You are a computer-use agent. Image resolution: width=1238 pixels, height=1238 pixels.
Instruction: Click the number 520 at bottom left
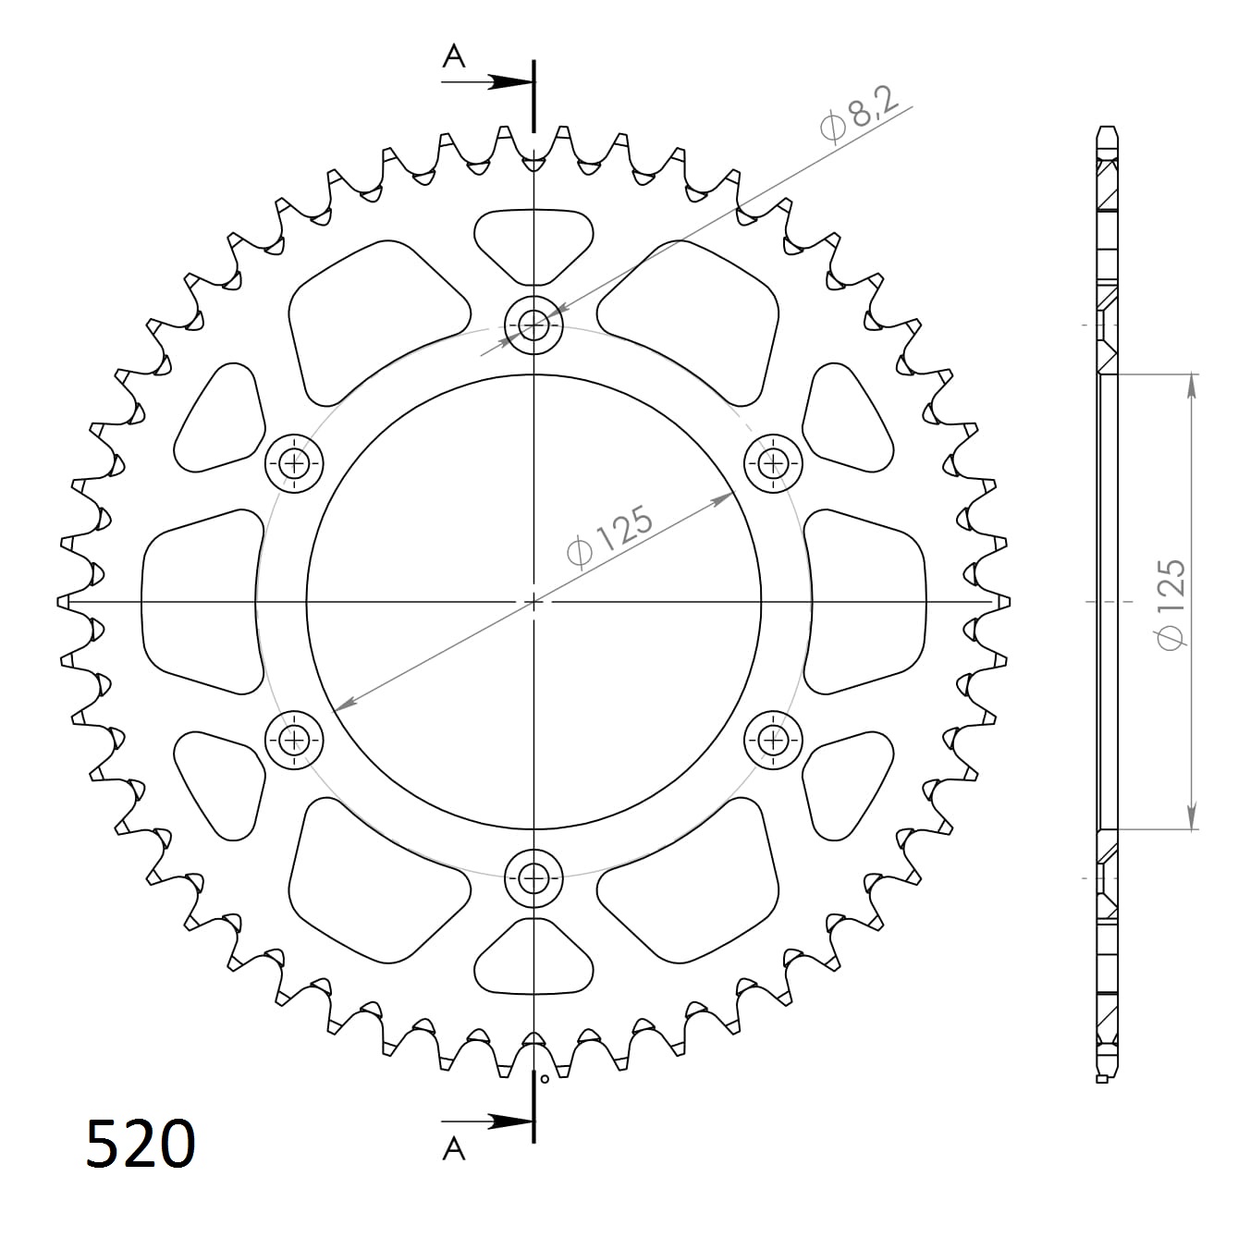point(141,1144)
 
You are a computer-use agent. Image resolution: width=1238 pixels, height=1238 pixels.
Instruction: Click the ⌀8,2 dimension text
point(859,117)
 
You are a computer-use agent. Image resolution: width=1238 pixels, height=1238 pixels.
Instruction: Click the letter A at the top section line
point(453,57)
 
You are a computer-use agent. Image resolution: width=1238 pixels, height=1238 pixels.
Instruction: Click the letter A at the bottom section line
point(453,1149)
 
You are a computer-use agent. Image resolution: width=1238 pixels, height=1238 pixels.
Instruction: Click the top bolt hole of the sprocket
point(533,324)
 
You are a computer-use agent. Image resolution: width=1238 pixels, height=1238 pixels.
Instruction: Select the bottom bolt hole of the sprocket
point(533,878)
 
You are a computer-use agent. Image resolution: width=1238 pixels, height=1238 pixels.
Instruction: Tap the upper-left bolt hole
point(295,462)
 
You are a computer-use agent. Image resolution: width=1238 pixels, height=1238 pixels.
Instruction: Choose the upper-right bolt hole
point(773,462)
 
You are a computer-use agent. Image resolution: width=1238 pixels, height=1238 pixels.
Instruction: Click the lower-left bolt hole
point(295,739)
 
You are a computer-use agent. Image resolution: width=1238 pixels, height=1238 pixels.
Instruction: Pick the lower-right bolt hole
point(773,739)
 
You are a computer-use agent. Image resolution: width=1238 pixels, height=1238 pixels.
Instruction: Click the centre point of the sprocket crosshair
point(533,602)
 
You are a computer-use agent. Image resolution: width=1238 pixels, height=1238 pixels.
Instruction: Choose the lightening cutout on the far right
point(866,601)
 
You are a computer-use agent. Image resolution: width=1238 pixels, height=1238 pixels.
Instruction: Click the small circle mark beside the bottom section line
point(545,1078)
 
